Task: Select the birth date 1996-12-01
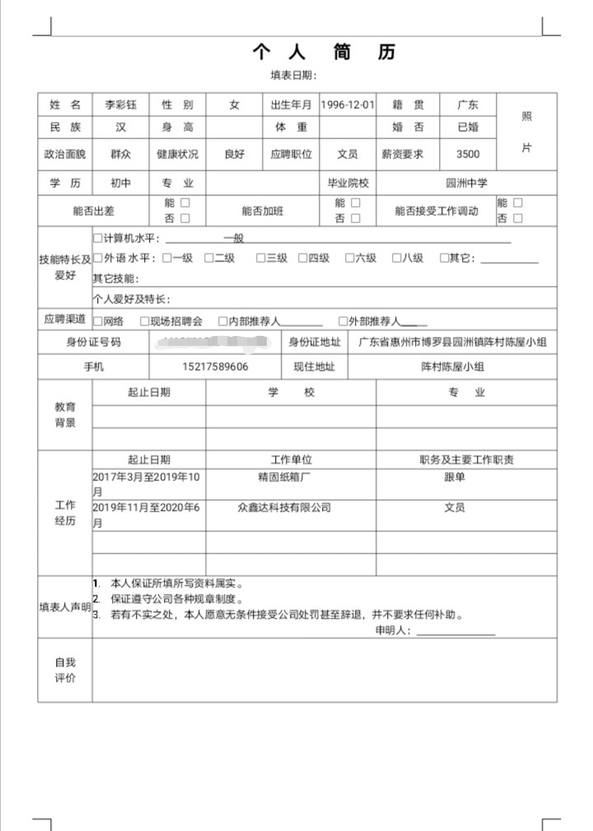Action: coord(348,105)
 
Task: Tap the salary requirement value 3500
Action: coord(468,154)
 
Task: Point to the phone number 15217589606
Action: coord(215,366)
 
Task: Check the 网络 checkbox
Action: coord(99,321)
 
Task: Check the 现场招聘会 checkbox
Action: coord(145,321)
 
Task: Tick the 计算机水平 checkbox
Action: coord(99,239)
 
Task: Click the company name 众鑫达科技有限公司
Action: coord(284,508)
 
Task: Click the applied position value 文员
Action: coord(348,154)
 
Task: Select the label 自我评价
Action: coord(65,670)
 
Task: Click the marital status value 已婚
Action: coord(468,128)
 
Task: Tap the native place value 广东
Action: coord(468,105)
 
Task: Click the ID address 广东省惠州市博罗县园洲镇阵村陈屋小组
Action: coord(452,342)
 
